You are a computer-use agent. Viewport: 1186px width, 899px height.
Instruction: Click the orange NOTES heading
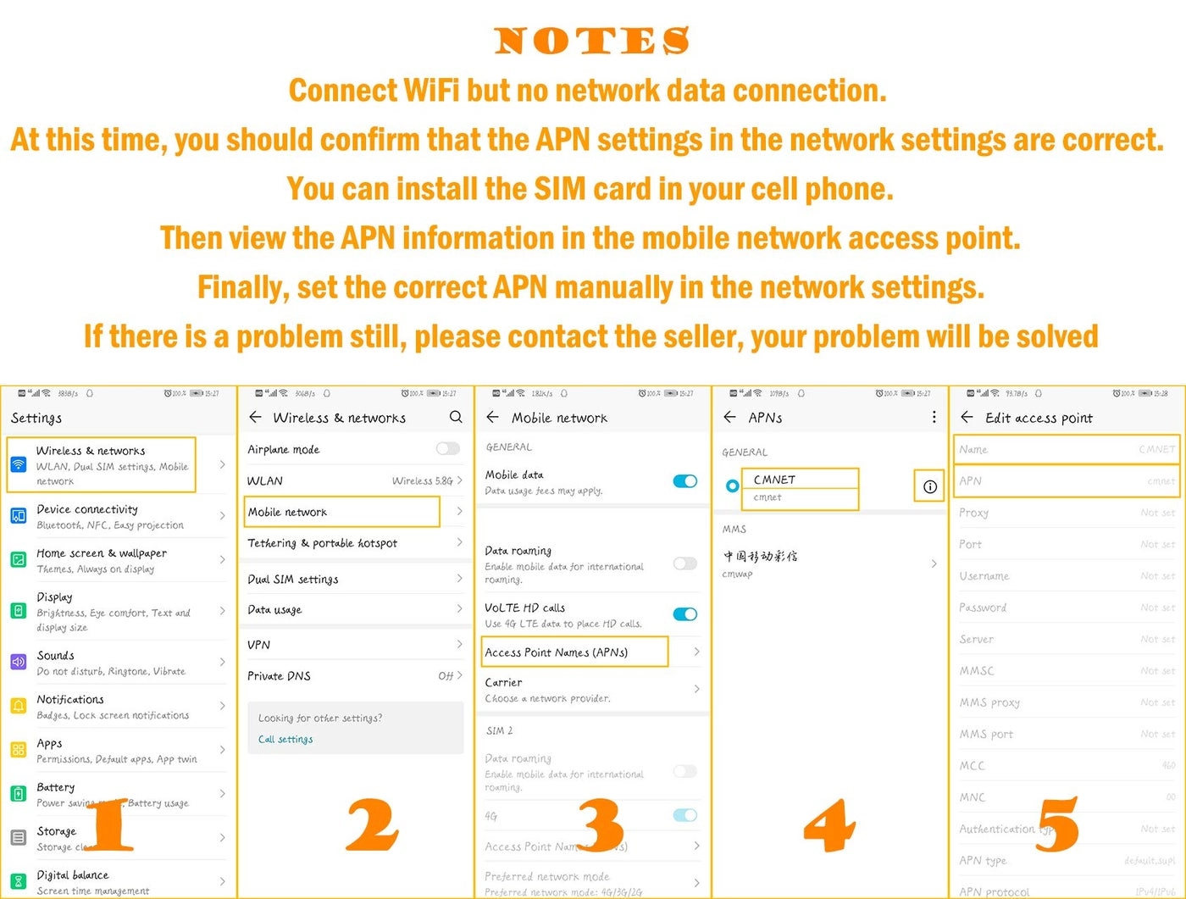592,41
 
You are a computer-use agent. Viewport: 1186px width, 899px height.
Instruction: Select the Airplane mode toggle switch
447,449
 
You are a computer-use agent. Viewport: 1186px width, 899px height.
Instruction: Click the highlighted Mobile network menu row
342,512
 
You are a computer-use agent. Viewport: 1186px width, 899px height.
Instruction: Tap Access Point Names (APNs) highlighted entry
574,652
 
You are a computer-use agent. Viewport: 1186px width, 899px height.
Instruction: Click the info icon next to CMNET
929,486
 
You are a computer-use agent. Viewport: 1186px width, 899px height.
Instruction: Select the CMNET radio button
732,486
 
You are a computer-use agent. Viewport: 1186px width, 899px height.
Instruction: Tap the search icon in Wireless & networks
456,417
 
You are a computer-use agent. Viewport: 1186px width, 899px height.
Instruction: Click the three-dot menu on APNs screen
934,417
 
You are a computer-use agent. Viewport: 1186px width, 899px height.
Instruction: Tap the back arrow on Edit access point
967,417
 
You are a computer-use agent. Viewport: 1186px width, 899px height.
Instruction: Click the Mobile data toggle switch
684,481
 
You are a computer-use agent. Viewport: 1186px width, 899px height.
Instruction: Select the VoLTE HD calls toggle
684,614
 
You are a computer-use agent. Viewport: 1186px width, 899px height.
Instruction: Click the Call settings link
285,739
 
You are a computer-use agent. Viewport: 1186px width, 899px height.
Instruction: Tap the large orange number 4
829,824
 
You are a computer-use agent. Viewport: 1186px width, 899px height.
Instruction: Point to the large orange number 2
372,824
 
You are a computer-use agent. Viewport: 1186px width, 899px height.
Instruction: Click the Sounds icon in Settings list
19,662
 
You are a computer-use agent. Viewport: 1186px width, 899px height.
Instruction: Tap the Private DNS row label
279,675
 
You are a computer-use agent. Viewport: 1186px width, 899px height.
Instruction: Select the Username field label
984,575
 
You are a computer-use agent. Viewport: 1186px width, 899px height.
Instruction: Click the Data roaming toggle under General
684,563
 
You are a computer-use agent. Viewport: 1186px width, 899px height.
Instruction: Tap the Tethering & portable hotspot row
322,543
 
